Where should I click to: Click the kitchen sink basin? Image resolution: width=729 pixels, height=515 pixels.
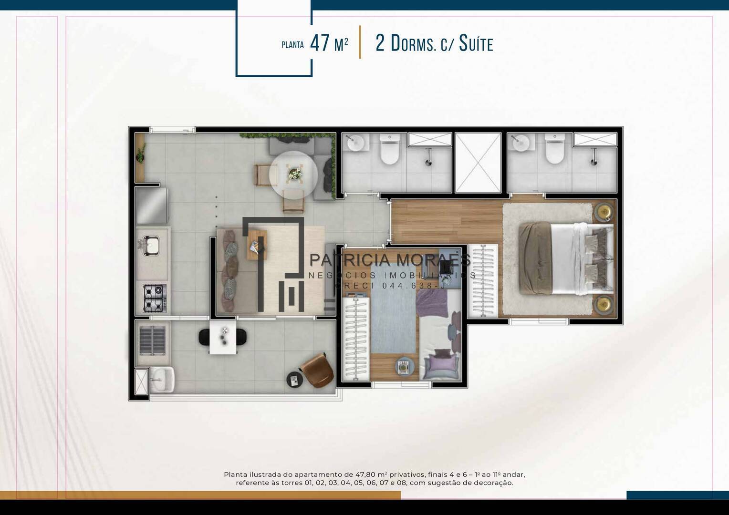(x=151, y=245)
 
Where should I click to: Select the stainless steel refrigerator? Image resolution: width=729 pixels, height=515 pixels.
(x=152, y=206)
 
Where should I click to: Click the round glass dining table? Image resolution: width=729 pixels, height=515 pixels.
(x=293, y=175)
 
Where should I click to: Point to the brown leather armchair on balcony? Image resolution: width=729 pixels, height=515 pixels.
(x=317, y=370)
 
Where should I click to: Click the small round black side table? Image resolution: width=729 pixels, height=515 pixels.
(x=295, y=380)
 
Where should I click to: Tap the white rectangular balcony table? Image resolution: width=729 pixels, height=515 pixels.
(x=223, y=337)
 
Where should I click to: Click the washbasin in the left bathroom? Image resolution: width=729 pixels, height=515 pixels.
(x=356, y=143)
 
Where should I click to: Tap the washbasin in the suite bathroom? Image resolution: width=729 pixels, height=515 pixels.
(x=521, y=143)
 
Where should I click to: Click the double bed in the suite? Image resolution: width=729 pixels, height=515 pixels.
(x=566, y=258)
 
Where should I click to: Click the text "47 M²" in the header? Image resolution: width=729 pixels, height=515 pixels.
(x=329, y=43)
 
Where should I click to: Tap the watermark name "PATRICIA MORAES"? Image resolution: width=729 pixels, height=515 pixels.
(x=390, y=260)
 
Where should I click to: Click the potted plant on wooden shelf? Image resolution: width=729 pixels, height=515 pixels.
(x=141, y=154)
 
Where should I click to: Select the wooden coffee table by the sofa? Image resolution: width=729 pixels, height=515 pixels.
(x=257, y=245)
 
